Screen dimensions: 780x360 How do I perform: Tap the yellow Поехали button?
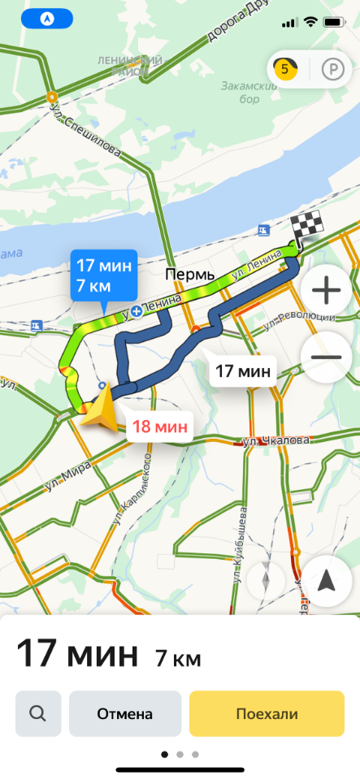pos(267,714)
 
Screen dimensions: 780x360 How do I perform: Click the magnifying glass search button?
pos(37,714)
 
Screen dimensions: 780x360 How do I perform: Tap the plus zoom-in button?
pos(326,290)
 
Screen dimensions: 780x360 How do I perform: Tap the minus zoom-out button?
pos(326,357)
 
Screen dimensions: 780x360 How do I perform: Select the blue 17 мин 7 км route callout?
pos(104,276)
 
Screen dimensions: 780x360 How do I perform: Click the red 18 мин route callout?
pos(159,426)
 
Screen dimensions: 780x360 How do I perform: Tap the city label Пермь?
pos(190,275)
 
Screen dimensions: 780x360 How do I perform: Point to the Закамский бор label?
pos(240,92)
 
